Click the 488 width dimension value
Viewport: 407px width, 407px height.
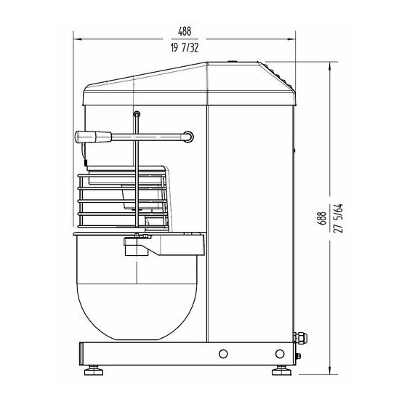pyautogui.click(x=185, y=31)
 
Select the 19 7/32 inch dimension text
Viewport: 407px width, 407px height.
pyautogui.click(x=185, y=48)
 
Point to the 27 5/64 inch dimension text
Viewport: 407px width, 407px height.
pyautogui.click(x=339, y=218)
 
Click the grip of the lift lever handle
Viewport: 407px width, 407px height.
pyautogui.click(x=93, y=137)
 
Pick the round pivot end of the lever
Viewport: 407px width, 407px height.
pyautogui.click(x=188, y=137)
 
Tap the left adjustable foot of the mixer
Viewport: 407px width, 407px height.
pyautogui.click(x=94, y=371)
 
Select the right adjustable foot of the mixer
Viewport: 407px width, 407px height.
pyautogui.click(x=281, y=371)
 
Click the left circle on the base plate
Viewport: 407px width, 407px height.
pyautogui.click(x=223, y=353)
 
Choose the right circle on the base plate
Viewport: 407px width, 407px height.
pyautogui.click(x=280, y=353)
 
